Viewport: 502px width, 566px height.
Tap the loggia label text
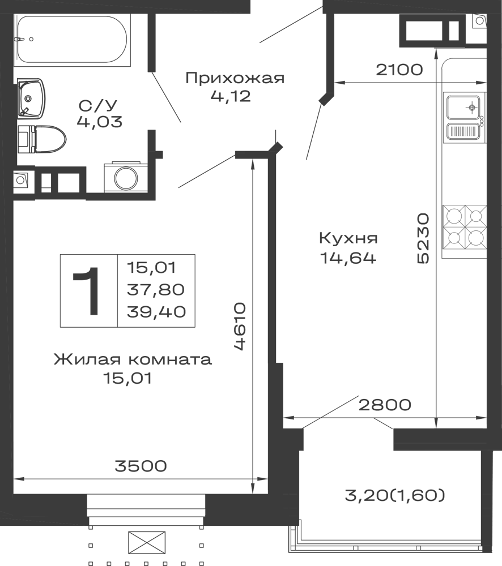point(397,496)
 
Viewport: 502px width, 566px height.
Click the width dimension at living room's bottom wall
point(140,466)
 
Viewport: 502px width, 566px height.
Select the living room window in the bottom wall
point(147,507)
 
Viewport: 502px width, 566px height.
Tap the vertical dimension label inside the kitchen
point(424,239)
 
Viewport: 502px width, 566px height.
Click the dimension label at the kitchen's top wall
point(401,70)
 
